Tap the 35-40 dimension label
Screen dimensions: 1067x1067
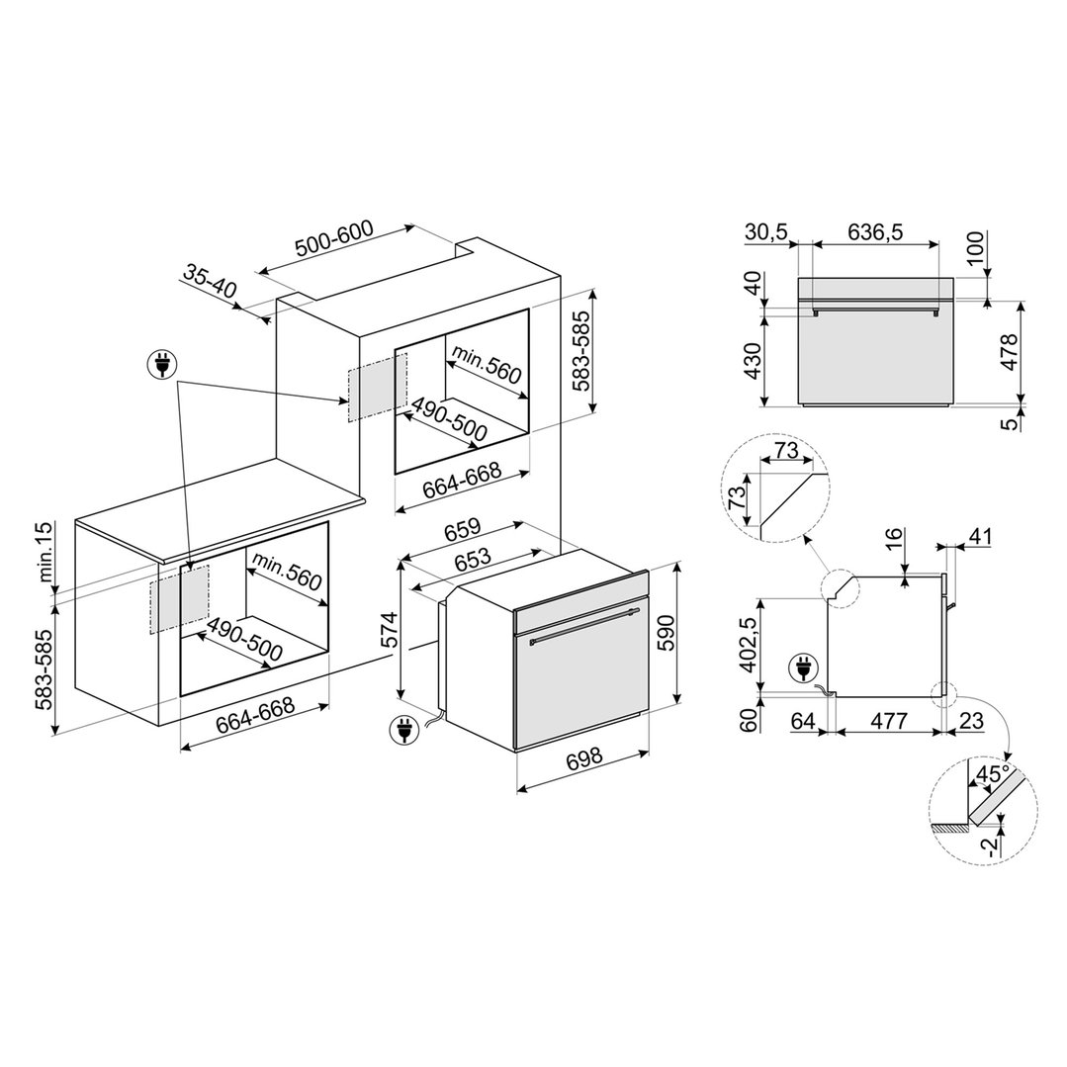coord(210,281)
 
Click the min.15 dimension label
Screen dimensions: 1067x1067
coord(44,551)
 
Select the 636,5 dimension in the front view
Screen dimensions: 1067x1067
coord(875,232)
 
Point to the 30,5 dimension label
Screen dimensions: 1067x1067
coord(765,232)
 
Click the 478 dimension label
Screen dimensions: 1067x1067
coord(1010,351)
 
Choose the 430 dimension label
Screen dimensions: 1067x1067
coord(753,361)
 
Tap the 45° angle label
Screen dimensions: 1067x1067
coord(993,774)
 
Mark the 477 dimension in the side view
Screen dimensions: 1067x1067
coord(888,720)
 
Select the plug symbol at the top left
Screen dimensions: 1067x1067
coord(162,365)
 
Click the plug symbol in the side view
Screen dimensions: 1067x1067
coord(803,667)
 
